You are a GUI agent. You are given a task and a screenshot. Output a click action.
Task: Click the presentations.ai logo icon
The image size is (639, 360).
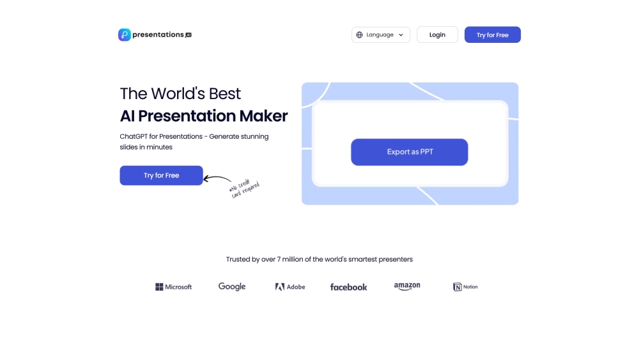click(x=125, y=35)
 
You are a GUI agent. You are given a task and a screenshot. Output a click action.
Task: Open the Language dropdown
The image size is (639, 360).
click(x=380, y=35)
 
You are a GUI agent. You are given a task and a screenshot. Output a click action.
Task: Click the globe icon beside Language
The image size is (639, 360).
click(x=360, y=35)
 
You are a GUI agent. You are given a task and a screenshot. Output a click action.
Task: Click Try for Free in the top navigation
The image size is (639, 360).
click(x=492, y=35)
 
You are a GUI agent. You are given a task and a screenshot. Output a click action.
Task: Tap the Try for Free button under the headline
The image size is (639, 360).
click(x=161, y=175)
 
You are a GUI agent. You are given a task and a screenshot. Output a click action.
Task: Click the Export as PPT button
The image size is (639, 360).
click(x=410, y=152)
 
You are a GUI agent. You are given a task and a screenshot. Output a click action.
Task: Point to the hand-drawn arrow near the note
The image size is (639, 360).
click(x=217, y=180)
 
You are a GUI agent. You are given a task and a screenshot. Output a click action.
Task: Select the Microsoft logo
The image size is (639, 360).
click(x=173, y=287)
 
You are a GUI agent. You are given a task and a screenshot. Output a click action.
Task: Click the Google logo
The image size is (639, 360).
click(x=232, y=286)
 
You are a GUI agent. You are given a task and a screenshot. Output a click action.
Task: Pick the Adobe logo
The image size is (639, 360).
click(x=290, y=287)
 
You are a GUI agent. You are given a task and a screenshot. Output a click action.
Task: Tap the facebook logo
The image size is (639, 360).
click(x=348, y=287)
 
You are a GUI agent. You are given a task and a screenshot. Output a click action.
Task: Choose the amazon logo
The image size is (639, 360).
click(x=407, y=286)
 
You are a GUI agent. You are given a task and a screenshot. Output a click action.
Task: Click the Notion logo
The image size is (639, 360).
click(x=465, y=287)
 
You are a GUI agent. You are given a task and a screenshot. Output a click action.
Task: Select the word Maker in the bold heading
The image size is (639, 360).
click(x=263, y=116)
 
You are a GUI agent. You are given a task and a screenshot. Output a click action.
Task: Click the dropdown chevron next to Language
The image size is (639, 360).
click(x=401, y=35)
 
